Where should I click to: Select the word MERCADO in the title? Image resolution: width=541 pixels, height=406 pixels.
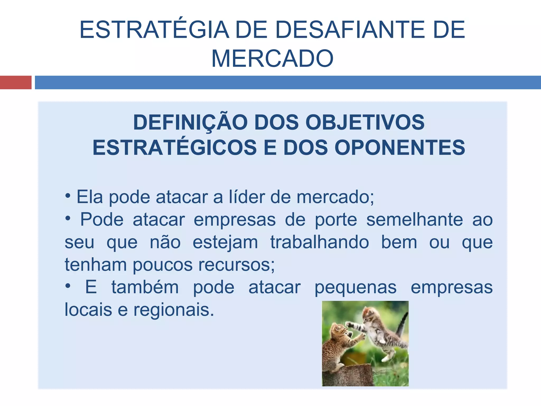(272, 58)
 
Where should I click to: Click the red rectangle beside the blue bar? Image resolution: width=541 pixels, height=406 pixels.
(16, 82)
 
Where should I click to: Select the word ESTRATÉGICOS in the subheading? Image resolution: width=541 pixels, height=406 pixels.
(175, 147)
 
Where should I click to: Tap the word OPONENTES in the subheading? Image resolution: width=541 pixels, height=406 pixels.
(400, 147)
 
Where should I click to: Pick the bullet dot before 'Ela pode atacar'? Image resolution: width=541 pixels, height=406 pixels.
(68, 196)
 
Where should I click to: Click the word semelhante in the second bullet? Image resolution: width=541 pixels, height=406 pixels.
(414, 219)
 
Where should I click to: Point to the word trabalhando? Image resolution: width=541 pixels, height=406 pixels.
(319, 242)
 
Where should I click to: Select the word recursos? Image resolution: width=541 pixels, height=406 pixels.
(236, 265)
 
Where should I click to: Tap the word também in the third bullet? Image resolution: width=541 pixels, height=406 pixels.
(145, 287)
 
